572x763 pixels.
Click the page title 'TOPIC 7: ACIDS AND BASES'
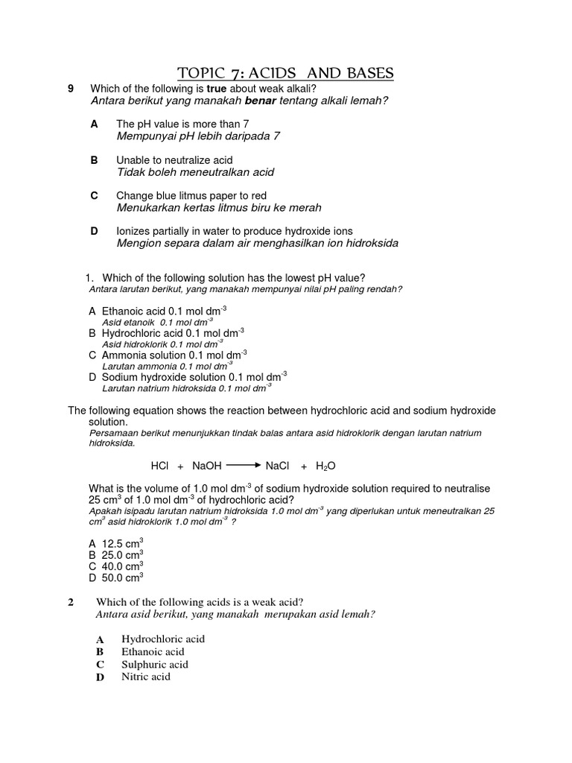tap(285, 72)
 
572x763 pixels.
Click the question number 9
tap(71, 89)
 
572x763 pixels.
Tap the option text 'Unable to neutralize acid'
tap(174, 160)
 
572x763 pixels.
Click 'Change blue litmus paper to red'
tap(191, 196)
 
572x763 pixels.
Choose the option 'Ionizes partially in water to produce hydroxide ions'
tap(234, 232)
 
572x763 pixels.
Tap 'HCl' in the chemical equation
tap(160, 466)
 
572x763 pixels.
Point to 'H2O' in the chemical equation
tap(325, 466)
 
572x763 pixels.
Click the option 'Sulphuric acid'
tap(155, 664)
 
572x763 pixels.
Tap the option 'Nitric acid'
tap(146, 677)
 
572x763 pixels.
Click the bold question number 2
tap(71, 603)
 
